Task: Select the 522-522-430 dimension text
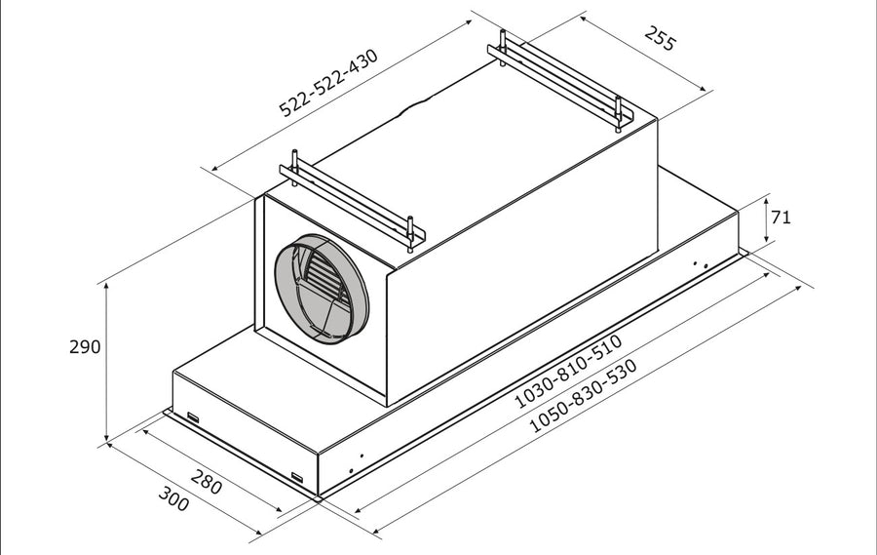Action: click(328, 83)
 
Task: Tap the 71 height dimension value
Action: click(781, 217)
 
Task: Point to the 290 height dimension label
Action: click(85, 346)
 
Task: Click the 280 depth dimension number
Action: click(207, 481)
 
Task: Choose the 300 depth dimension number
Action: click(173, 497)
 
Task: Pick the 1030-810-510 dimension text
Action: click(568, 371)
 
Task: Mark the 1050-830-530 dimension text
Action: click(583, 395)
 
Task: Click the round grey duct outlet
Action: click(321, 289)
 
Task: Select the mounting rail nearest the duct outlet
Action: click(352, 203)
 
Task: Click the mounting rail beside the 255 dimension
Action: click(560, 81)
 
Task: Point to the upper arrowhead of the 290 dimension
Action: click(106, 288)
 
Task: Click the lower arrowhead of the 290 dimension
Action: click(106, 436)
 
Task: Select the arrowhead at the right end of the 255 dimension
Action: click(702, 87)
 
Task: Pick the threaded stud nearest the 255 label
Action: click(618, 114)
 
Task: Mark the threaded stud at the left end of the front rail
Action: click(294, 168)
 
